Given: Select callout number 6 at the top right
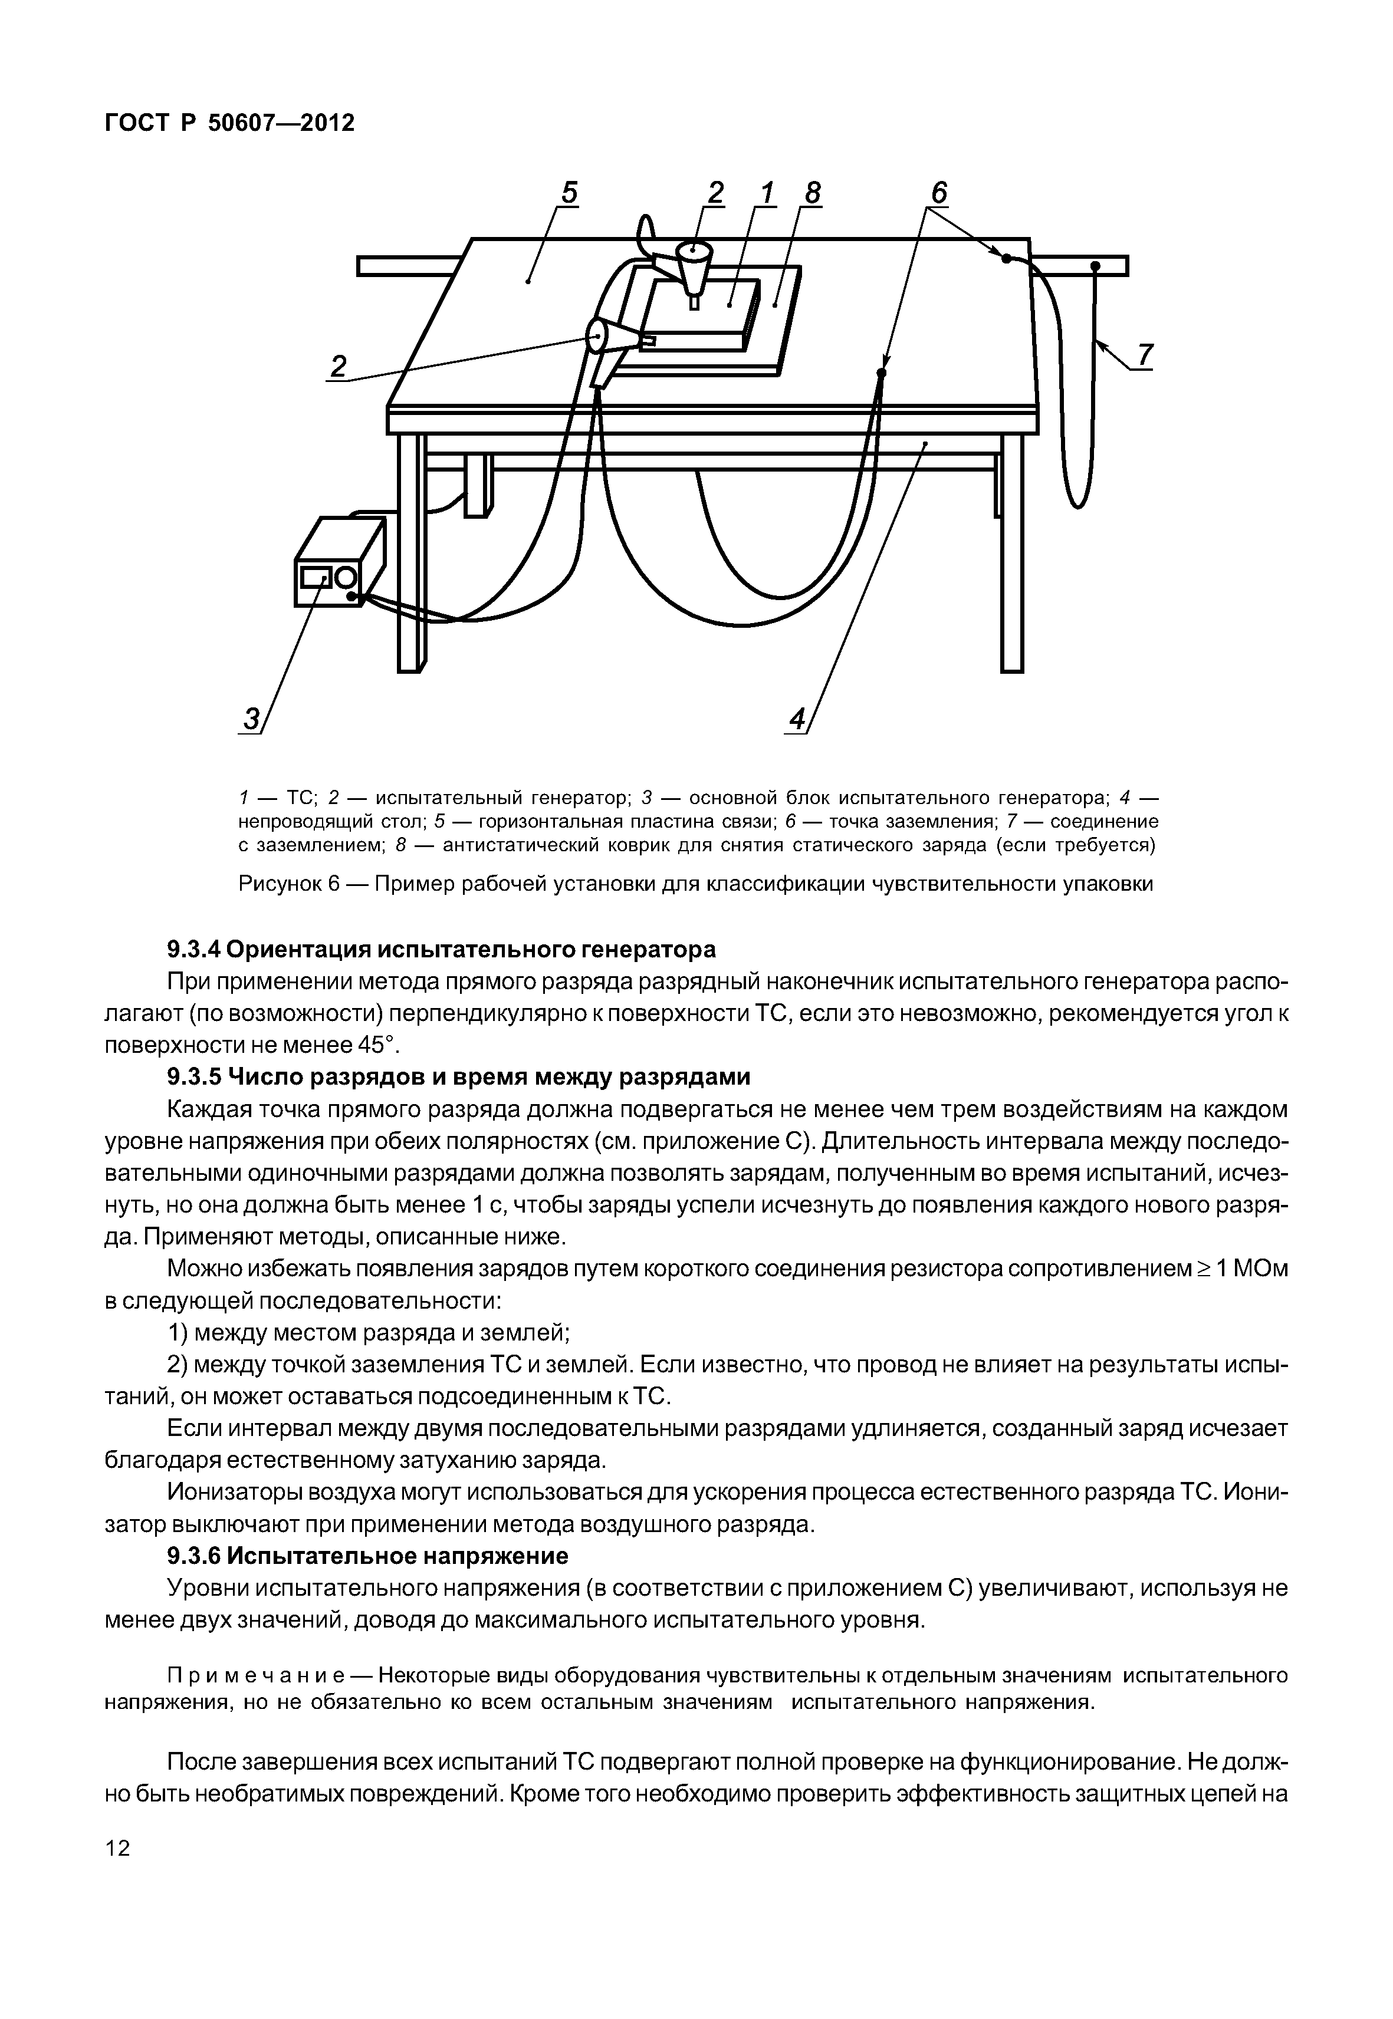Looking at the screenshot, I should pos(938,192).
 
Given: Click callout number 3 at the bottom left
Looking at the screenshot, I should pos(251,720).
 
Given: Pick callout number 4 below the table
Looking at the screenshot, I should pos(796,720).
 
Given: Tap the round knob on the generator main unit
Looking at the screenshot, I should pos(345,578).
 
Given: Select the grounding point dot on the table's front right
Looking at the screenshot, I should pos(882,373).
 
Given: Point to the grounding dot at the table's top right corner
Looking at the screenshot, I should pos(1006,258).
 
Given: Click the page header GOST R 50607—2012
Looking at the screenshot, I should pos(229,123).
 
